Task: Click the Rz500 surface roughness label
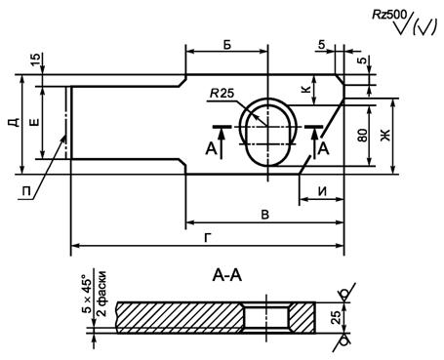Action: [389, 15]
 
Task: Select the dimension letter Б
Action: [227, 45]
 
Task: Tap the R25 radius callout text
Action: [222, 94]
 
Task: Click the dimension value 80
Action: [363, 136]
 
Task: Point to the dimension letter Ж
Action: [384, 136]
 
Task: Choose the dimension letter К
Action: [306, 89]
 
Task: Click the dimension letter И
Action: [322, 191]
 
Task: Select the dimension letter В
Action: [265, 215]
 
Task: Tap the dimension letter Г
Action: [207, 238]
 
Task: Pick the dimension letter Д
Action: [14, 122]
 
